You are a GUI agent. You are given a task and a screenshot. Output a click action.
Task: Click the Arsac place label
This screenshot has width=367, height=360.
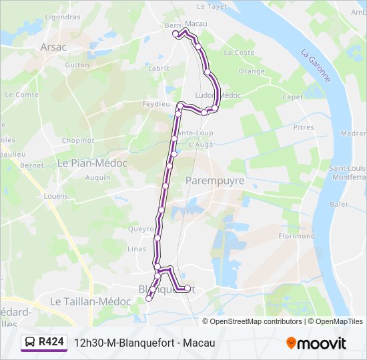click(x=53, y=47)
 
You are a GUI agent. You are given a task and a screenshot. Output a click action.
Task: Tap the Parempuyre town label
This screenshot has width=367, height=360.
click(x=215, y=181)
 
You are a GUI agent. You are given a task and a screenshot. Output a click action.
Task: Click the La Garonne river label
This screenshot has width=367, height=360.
click(x=316, y=65)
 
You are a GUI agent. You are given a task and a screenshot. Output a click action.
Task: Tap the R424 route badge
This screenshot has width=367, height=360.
click(x=45, y=342)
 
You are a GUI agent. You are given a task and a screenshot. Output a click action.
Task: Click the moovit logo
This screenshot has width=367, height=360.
click(x=316, y=343)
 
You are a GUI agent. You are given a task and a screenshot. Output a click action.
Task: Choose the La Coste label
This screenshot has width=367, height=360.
click(x=239, y=52)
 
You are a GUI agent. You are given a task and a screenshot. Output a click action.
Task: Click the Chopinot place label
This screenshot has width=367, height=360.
click(x=77, y=141)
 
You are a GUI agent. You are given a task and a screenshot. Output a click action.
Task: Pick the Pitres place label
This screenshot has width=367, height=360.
click(x=303, y=127)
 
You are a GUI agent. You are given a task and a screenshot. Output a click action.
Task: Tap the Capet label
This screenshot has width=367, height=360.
click(x=292, y=97)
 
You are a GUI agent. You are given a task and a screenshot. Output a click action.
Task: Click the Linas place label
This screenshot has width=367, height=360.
click(x=136, y=249)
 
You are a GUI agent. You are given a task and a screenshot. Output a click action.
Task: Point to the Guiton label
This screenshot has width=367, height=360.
click(x=77, y=65)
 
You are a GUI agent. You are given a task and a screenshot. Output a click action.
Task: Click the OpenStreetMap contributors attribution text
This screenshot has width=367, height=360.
click(x=256, y=321)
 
